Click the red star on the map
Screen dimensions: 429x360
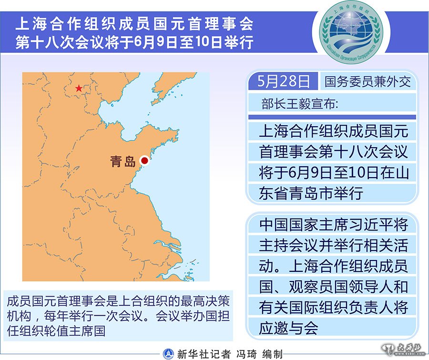(x=79, y=88)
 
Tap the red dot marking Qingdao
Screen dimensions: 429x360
(x=144, y=160)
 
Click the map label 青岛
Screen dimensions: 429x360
(x=123, y=161)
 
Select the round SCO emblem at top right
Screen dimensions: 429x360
(x=351, y=32)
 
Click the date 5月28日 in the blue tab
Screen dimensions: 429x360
(x=284, y=81)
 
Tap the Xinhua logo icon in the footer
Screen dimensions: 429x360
(x=168, y=354)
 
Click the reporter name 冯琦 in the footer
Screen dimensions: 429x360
(x=247, y=354)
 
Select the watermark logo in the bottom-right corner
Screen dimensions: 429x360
(x=404, y=350)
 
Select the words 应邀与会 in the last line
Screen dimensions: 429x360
(x=288, y=328)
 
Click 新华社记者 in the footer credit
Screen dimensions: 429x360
(x=204, y=354)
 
